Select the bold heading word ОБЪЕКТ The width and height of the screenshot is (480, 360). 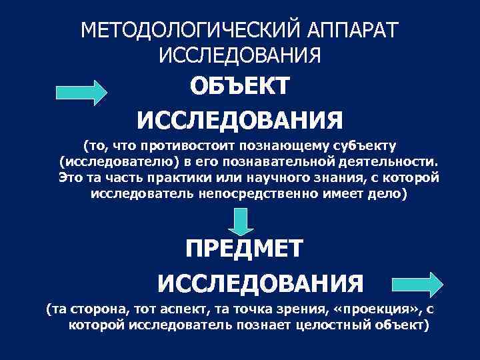(x=240, y=86)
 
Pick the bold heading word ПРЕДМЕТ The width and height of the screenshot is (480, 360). (x=244, y=249)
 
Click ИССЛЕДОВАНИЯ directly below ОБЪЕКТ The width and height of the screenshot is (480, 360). (x=240, y=121)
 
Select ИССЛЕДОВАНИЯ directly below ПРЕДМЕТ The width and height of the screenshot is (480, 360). (x=261, y=284)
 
